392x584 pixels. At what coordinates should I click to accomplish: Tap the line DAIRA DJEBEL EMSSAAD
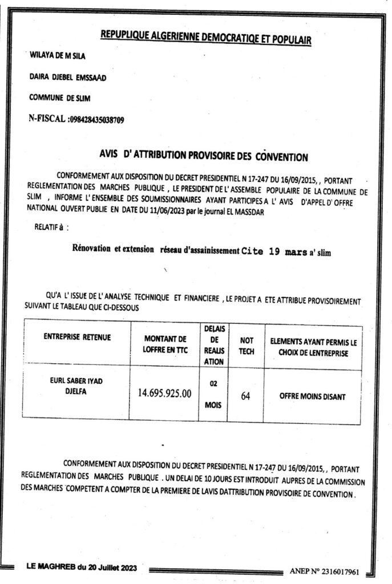point(67,77)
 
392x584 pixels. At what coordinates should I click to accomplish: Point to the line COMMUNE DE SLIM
point(60,98)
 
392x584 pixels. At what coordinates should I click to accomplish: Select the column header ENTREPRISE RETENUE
point(78,338)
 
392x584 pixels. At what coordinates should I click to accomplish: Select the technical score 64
point(246,396)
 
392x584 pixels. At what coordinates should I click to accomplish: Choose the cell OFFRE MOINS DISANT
point(313,395)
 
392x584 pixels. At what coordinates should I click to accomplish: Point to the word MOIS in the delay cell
point(214,405)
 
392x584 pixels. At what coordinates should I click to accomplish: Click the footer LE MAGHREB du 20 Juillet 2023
point(81,567)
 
